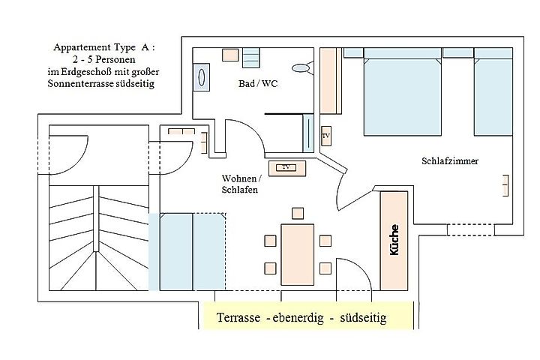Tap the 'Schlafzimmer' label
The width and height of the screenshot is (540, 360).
click(450, 161)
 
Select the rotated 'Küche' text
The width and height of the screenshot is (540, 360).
click(394, 241)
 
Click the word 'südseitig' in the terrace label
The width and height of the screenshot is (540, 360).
click(363, 318)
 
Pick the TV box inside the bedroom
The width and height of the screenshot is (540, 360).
click(326, 136)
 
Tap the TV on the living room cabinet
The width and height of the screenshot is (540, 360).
click(286, 166)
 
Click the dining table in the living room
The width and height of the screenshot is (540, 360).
click(297, 253)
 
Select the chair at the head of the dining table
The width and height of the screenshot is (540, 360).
click(298, 212)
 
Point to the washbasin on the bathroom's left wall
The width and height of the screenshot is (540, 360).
click(201, 78)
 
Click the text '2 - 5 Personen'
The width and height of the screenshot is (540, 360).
click(100, 58)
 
